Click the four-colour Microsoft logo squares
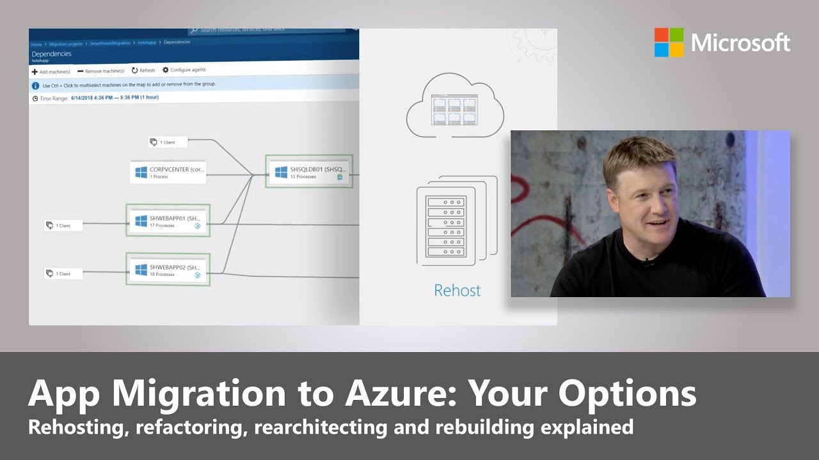click(x=669, y=42)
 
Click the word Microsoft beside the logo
click(x=741, y=43)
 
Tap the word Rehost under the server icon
click(x=457, y=291)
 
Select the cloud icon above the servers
click(x=454, y=105)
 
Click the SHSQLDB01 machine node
click(x=309, y=171)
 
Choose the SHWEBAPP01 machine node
click(x=168, y=220)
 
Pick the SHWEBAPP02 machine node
click(x=168, y=270)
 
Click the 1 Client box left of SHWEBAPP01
click(x=63, y=225)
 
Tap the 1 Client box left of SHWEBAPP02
click(x=63, y=273)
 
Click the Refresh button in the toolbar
click(x=143, y=70)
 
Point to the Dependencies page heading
click(x=51, y=54)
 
